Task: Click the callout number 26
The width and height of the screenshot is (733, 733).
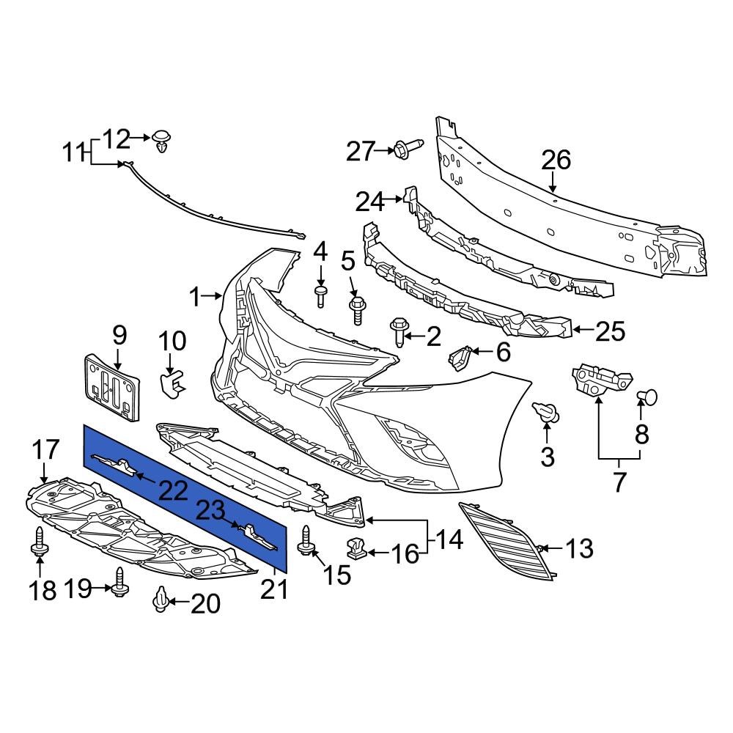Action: (556, 160)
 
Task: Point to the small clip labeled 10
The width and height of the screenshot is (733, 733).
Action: (173, 382)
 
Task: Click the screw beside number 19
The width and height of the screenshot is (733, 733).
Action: (121, 583)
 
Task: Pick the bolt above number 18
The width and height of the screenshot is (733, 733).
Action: (39, 543)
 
